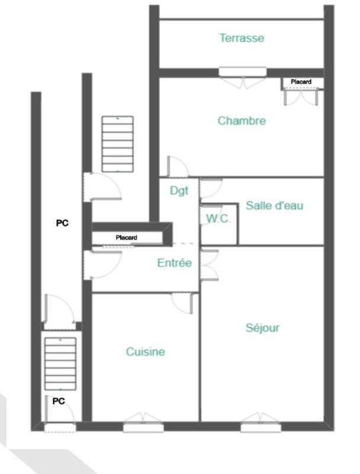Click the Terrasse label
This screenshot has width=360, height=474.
click(x=241, y=38)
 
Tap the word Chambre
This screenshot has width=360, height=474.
click(x=242, y=121)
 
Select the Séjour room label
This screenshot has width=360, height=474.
click(x=262, y=328)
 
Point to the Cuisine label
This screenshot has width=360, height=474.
click(x=145, y=352)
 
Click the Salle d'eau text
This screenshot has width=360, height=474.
click(x=274, y=206)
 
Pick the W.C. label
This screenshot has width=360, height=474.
click(x=218, y=219)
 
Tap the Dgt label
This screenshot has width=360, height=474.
click(x=179, y=191)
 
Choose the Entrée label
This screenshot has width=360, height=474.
click(x=174, y=264)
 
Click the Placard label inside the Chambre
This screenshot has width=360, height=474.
click(x=301, y=81)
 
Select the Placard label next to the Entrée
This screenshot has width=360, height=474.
click(x=126, y=238)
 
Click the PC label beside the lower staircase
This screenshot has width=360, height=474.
click(x=59, y=401)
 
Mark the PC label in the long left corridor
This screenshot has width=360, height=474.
click(x=62, y=223)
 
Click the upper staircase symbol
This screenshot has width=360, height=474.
click(x=117, y=144)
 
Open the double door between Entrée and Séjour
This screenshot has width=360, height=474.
click(x=208, y=263)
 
